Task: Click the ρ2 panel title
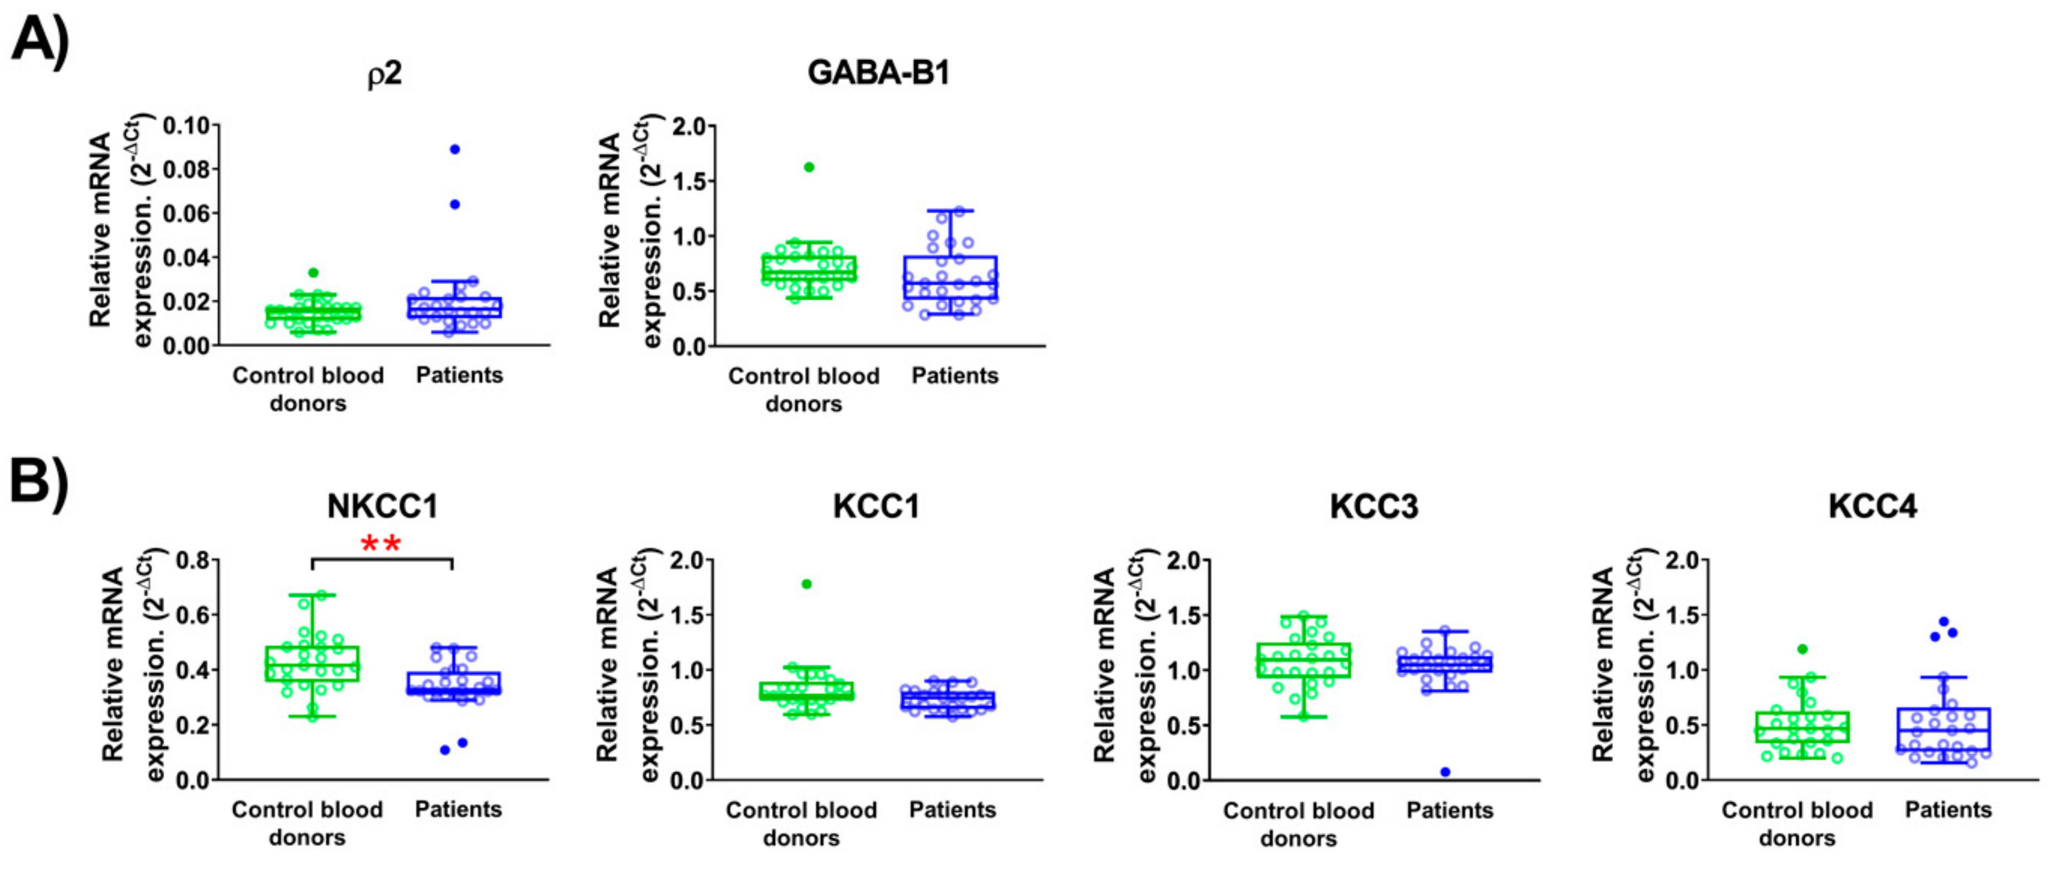385,74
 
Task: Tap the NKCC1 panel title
383,507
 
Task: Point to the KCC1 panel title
876,507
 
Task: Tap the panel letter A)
40,40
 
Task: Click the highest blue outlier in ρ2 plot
455,149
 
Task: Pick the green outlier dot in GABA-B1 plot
809,167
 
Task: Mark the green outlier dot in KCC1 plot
807,584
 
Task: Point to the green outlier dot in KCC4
1802,649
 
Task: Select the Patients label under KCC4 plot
1947,810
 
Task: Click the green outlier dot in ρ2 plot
313,272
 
